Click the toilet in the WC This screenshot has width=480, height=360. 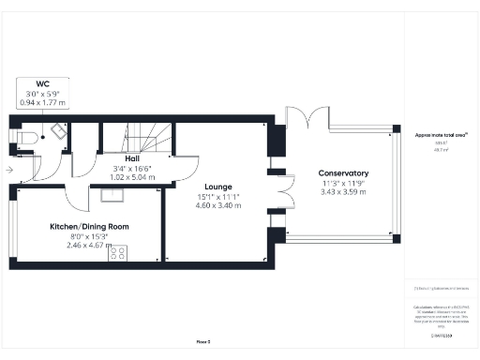click(28, 139)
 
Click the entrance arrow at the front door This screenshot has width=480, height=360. click(8, 170)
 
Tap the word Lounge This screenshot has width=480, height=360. click(218, 186)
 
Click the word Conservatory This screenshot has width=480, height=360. click(342, 173)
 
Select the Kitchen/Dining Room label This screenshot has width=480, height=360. click(89, 227)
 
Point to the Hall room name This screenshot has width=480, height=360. click(132, 158)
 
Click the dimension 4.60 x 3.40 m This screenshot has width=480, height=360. click(218, 206)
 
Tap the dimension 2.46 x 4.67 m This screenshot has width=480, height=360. click(89, 247)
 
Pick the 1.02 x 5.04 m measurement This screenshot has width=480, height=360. click(132, 176)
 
